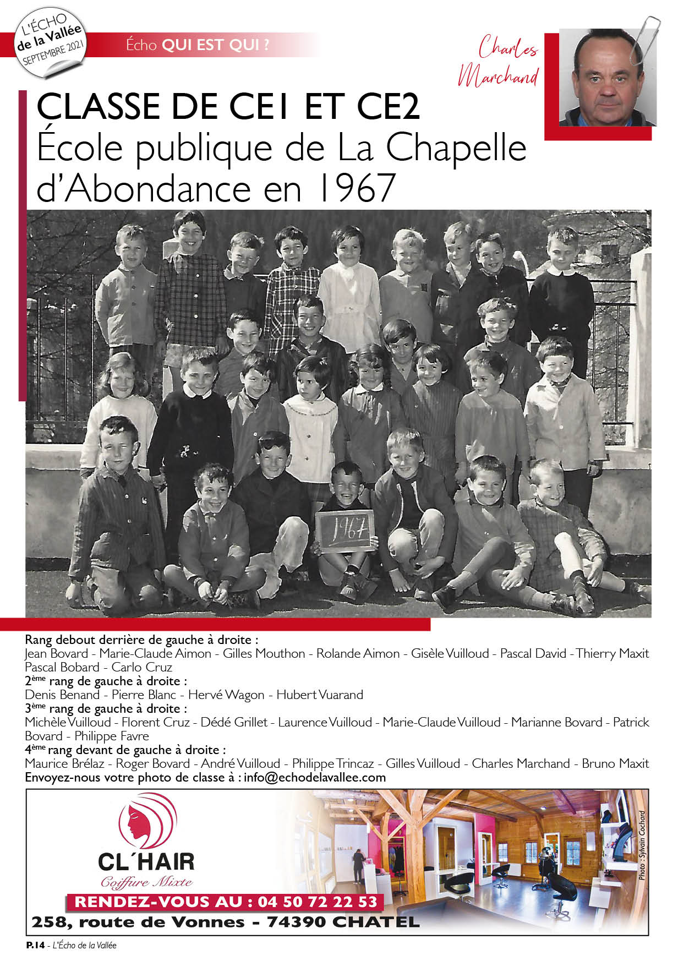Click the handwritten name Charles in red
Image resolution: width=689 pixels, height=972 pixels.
(507, 48)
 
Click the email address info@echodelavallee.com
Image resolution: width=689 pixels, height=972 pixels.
(315, 777)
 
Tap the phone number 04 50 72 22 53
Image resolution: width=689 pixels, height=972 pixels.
(318, 902)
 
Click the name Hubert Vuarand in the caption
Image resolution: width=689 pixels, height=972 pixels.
(319, 695)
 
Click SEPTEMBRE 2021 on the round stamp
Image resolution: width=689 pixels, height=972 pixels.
(53, 53)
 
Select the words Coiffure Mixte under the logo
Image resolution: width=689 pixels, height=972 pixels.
(146, 882)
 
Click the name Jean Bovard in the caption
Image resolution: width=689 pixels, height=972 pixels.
(57, 653)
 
